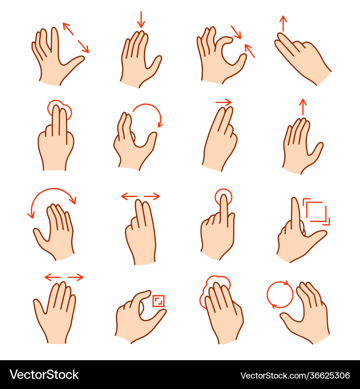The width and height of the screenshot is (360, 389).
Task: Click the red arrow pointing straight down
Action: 141,19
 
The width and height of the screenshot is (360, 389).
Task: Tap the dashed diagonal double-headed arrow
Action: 76,38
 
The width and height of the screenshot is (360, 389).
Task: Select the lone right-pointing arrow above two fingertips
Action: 224,102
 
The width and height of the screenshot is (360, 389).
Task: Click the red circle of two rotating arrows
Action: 280,295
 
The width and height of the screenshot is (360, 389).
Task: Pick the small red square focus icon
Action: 158,301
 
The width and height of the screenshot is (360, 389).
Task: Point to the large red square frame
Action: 316,212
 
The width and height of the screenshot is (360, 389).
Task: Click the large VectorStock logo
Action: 44,375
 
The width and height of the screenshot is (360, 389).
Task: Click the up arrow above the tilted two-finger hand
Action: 283,23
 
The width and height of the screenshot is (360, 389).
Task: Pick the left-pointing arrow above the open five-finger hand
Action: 53,277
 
